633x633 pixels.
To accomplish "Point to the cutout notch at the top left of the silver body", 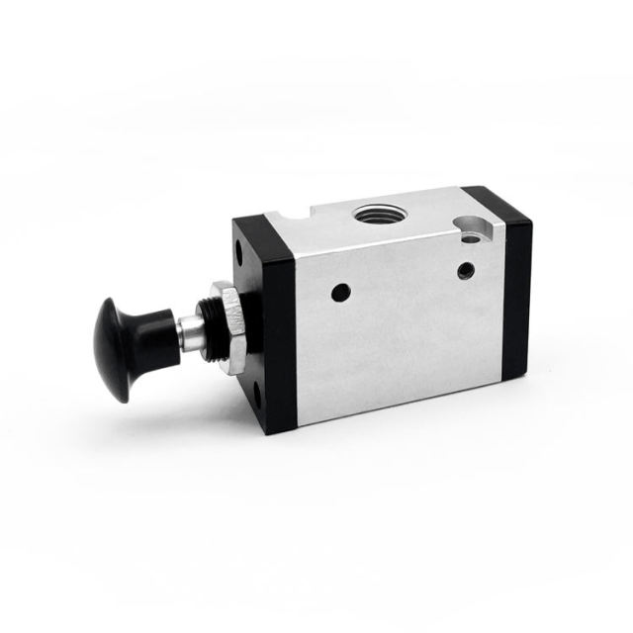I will (x=290, y=215).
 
